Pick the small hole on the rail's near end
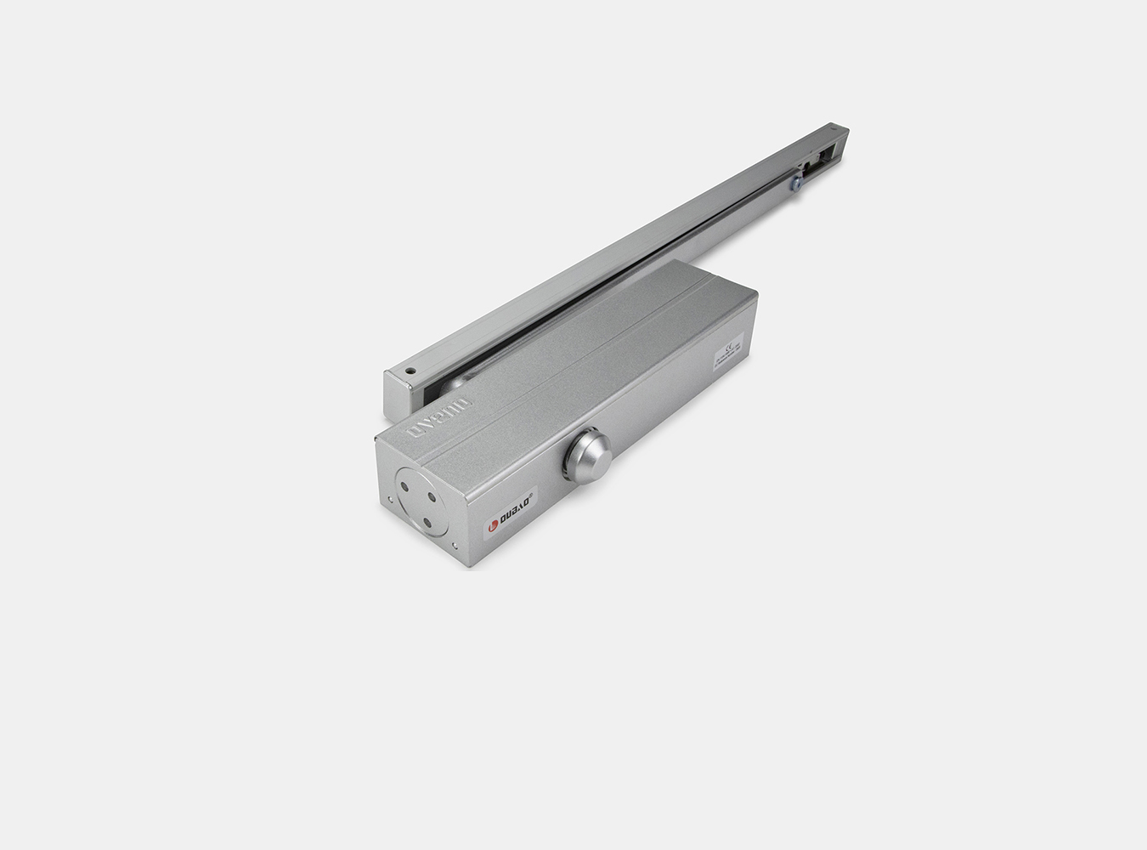click(x=409, y=371)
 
